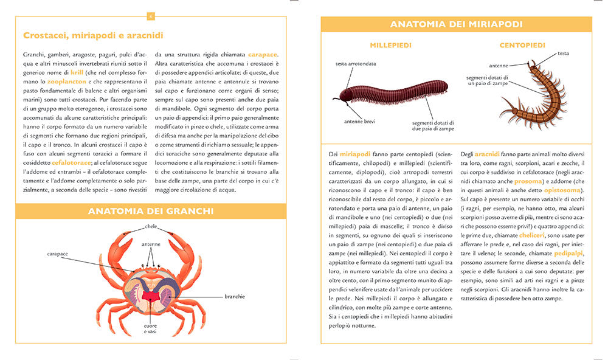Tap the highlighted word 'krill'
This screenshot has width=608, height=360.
[x=77, y=72]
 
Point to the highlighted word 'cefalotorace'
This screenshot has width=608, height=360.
[x=71, y=163]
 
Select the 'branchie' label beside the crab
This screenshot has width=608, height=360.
[x=234, y=297]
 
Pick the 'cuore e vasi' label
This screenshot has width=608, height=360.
[x=150, y=329]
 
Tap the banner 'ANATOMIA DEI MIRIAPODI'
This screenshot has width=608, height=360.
[x=456, y=24]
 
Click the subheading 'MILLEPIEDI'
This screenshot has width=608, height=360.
[x=390, y=45]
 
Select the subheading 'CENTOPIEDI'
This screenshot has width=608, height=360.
[x=522, y=45]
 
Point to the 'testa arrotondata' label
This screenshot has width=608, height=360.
[x=356, y=63]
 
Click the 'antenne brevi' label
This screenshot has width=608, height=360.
[x=360, y=121]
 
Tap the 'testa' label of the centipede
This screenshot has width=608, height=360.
[x=563, y=54]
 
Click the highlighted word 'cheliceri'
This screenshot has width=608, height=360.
[x=536, y=235]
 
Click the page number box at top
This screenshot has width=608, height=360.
[x=151, y=16]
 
